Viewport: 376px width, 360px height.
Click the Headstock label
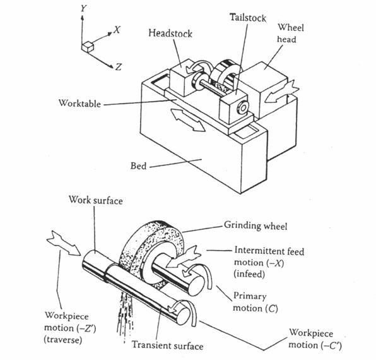170,33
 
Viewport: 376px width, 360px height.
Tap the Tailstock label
248,18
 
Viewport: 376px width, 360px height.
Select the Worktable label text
79,103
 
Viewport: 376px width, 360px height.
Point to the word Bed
138,165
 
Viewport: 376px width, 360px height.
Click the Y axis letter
83,8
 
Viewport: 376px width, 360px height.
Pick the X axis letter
117,30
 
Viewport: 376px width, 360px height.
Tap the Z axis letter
119,66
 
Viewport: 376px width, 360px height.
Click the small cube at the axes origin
87,47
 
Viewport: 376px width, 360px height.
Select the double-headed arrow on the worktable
189,120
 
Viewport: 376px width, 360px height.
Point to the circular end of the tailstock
243,108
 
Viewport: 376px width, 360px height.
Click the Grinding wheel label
256,225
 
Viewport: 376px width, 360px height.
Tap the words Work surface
96,200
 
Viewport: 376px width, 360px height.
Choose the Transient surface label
168,345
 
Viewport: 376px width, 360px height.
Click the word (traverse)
63,340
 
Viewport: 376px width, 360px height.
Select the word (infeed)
249,274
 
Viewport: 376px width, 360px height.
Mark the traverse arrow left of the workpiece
64,243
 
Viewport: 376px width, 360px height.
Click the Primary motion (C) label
256,302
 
